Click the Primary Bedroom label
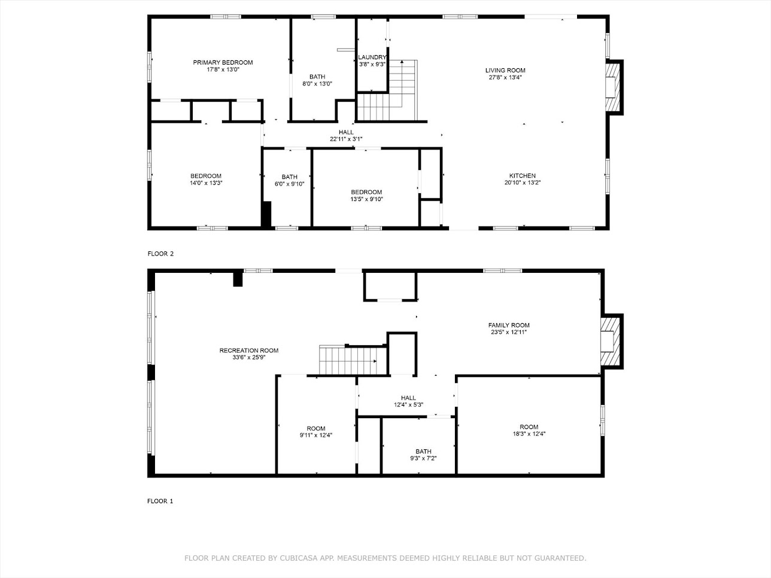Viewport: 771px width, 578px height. click(x=223, y=62)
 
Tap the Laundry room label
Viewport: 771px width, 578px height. click(x=372, y=57)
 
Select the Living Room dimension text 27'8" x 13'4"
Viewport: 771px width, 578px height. click(x=505, y=77)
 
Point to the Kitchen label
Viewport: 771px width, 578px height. click(x=518, y=176)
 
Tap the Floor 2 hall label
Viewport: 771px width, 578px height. click(x=346, y=132)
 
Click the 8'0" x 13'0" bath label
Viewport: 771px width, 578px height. click(x=317, y=80)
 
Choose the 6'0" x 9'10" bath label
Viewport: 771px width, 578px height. click(x=289, y=180)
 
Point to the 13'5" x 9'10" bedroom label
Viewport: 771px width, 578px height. click(x=366, y=196)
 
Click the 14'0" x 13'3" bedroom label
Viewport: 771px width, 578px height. click(x=206, y=180)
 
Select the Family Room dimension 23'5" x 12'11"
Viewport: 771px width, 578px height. click(x=508, y=332)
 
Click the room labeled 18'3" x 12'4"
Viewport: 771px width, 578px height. click(x=529, y=430)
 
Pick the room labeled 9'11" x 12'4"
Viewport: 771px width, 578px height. click(x=316, y=432)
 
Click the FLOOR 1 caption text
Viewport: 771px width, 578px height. click(x=160, y=501)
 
